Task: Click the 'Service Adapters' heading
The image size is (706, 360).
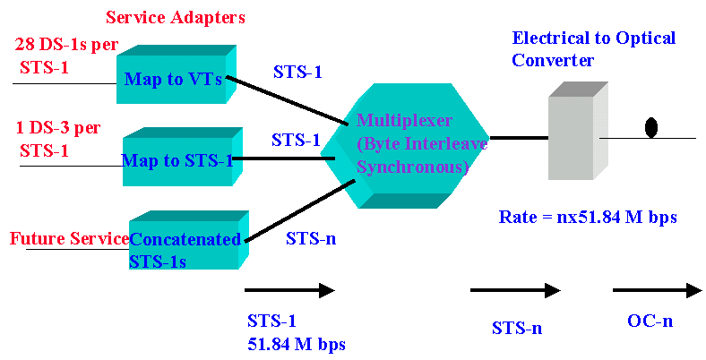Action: tap(175, 17)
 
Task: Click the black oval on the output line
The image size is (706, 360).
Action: tap(652, 127)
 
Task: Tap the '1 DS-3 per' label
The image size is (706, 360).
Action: tap(59, 127)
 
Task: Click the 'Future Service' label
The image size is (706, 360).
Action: tap(68, 239)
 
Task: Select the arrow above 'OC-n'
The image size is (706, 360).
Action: tap(657, 290)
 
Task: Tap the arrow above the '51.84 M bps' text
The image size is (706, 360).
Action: tap(288, 290)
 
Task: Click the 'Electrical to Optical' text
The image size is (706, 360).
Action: tap(593, 38)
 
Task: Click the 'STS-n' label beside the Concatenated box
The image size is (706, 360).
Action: tap(310, 238)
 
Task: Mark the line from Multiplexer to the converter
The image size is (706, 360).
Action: tap(519, 138)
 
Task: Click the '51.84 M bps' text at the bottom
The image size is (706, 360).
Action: tap(296, 343)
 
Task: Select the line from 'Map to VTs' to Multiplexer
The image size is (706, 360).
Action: tap(287, 99)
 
